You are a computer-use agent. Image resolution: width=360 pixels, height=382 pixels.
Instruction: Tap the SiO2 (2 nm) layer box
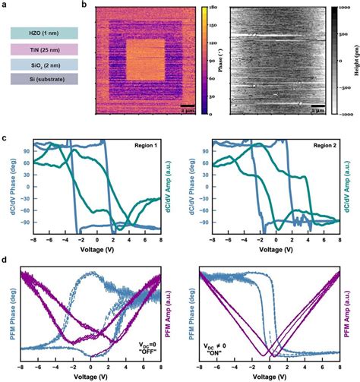pos(43,65)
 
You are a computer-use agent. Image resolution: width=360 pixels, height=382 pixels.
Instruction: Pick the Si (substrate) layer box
pos(43,79)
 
